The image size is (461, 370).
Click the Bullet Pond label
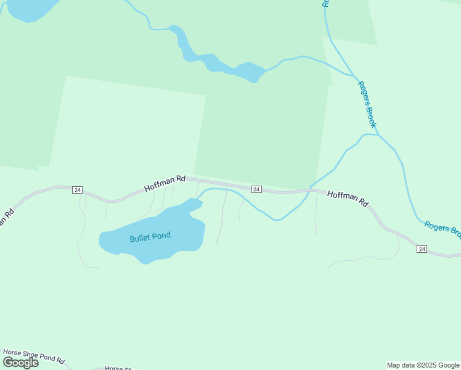(x=150, y=237)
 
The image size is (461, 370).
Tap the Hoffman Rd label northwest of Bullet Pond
(x=165, y=183)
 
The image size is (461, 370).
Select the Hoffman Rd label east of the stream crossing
(x=348, y=198)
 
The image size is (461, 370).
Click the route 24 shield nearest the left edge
(x=77, y=190)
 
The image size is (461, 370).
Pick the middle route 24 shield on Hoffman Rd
(x=256, y=189)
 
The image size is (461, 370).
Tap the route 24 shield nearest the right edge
(x=422, y=249)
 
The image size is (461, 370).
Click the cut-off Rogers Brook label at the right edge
(x=443, y=229)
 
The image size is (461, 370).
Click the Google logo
(x=21, y=362)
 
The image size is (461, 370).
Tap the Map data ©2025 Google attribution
(x=423, y=365)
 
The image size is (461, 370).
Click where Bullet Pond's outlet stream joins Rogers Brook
(x=378, y=134)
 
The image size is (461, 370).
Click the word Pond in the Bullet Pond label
(x=161, y=236)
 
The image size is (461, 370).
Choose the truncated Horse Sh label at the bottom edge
(x=123, y=368)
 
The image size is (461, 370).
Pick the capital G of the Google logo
(x=9, y=362)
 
